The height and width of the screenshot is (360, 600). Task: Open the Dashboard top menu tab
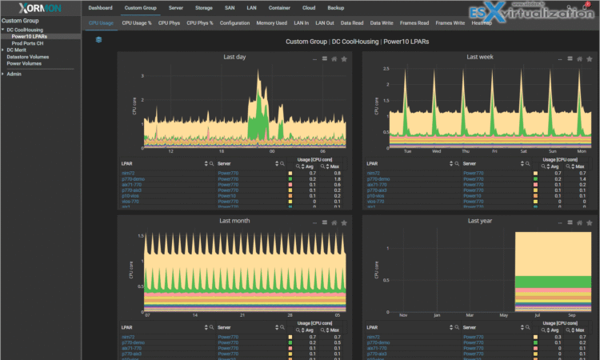tap(101, 7)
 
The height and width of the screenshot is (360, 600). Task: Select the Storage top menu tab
tap(204, 7)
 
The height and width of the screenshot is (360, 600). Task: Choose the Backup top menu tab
tap(336, 7)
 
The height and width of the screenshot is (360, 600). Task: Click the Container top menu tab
tap(279, 7)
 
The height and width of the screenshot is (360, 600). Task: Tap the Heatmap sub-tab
tap(482, 23)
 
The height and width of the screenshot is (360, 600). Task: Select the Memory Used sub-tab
tap(272, 23)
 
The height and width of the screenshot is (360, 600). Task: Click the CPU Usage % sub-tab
tap(137, 23)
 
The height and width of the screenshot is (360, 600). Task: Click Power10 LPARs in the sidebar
tap(29, 36)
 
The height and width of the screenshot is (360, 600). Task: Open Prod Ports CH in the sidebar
tap(29, 42)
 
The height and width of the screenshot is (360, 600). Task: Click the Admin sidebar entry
tap(14, 74)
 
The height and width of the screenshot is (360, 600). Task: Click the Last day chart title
tap(234, 58)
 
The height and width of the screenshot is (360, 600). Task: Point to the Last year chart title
tap(478, 220)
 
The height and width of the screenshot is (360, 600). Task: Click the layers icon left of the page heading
tap(98, 39)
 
